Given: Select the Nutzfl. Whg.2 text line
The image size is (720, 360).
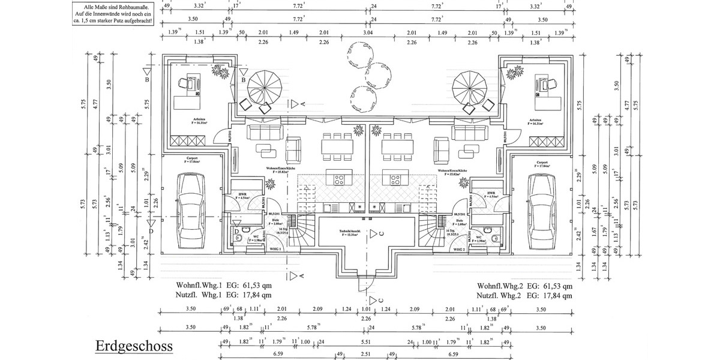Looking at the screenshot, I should click(524, 295).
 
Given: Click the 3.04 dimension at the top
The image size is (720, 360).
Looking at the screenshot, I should click(368, 33).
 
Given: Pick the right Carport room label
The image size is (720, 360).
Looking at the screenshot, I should click(543, 163).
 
